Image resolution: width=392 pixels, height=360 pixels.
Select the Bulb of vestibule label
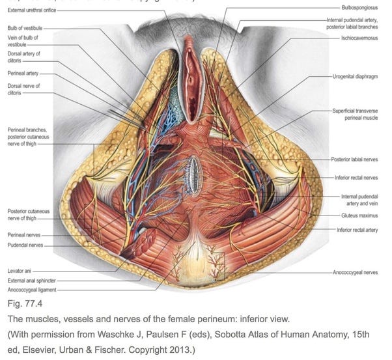(24, 29)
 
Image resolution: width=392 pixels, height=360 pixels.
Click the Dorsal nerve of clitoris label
(23, 89)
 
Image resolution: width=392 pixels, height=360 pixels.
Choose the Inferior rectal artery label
(357, 230)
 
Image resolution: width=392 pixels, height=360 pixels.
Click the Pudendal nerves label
(24, 246)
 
